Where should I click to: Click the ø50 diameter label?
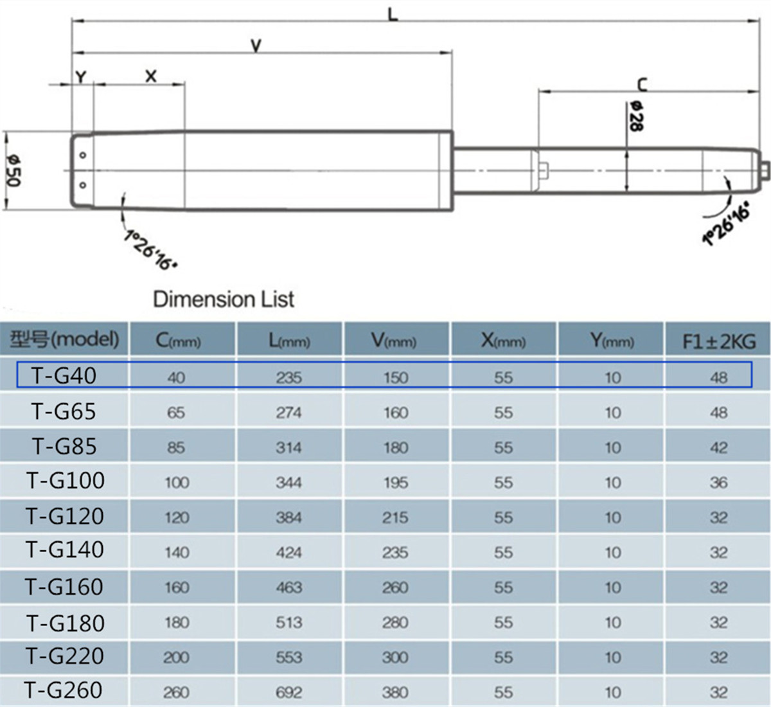pos(13,170)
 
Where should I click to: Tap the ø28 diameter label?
pos(635,116)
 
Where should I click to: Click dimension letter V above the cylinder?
pos(256,46)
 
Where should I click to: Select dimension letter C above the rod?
pos(642,84)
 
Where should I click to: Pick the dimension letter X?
pos(151,76)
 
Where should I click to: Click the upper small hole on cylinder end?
pos(82,156)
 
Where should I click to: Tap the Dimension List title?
pos(224,299)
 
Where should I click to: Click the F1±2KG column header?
pos(718,341)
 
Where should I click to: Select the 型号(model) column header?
pos(64,339)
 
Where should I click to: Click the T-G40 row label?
pos(64,375)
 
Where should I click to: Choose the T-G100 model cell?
pos(65,481)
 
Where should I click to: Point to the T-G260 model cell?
pos(64,690)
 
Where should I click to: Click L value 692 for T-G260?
pos(288,692)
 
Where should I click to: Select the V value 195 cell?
pos(395,483)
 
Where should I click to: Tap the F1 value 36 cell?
pos(718,483)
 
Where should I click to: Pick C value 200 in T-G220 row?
pos(176,658)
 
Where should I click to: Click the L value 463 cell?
pos(288,587)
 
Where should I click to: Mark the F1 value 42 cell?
pos(718,448)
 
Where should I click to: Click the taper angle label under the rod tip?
pos(727,223)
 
